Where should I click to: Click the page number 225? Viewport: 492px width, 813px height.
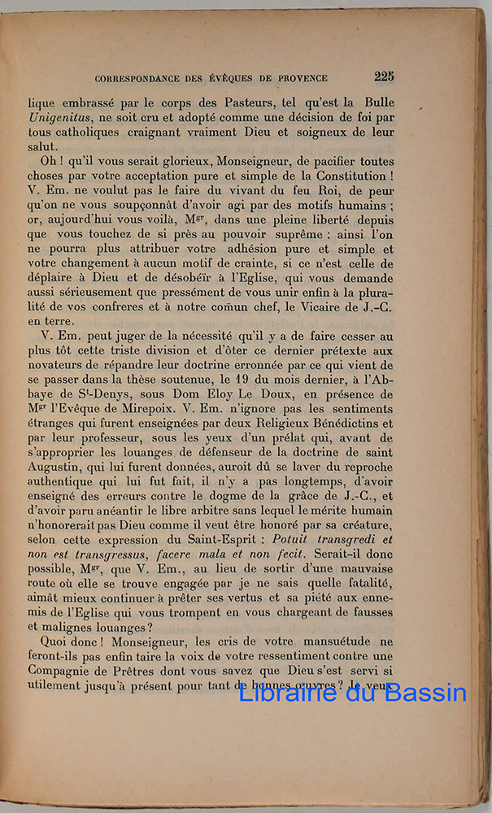pos(384,77)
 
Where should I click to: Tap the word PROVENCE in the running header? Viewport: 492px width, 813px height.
pos(299,79)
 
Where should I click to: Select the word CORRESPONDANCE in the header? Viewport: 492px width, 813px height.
pos(137,79)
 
